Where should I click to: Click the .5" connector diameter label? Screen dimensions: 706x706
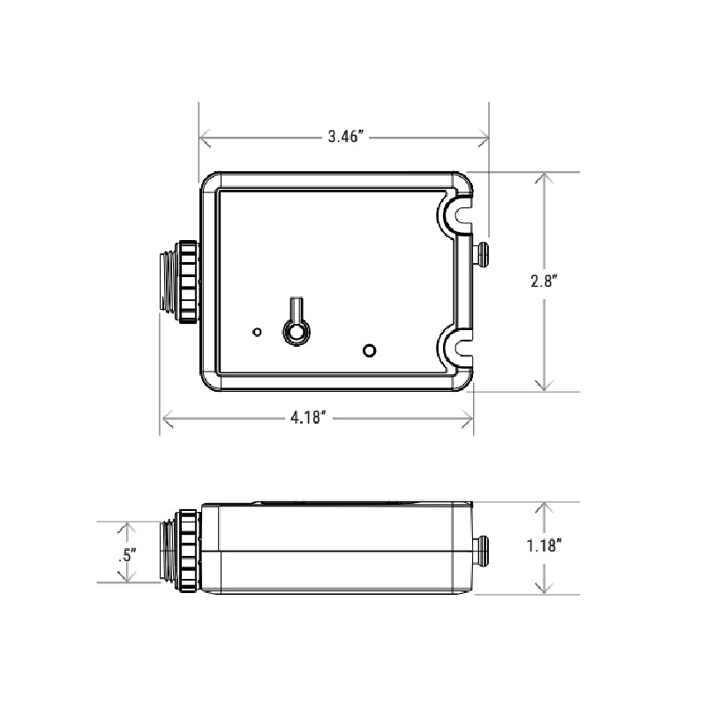click(125, 554)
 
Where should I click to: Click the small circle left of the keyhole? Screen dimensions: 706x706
click(257, 332)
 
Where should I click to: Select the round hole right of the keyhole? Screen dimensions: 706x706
click(370, 350)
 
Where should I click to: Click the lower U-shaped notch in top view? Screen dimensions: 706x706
click(456, 346)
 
